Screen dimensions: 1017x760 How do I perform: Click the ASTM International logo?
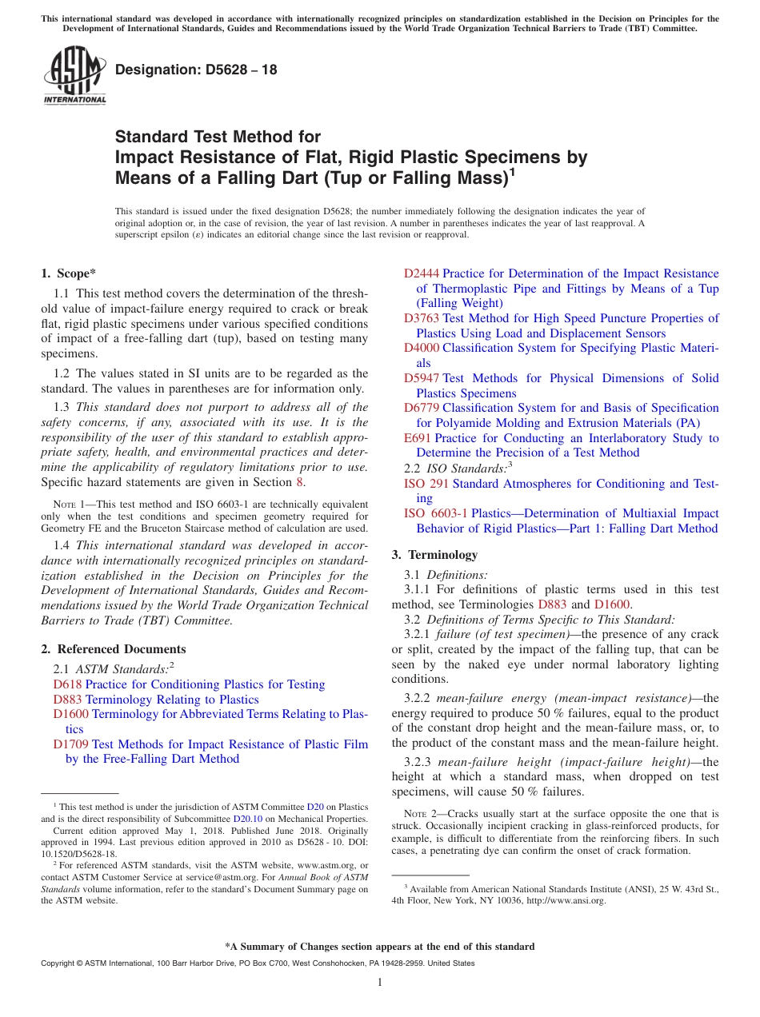(74, 76)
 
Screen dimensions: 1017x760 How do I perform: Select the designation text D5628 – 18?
(196, 70)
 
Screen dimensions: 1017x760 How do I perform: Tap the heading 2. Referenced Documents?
(113, 649)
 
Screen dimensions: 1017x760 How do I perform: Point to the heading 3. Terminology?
(434, 555)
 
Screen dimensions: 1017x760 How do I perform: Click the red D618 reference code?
(67, 684)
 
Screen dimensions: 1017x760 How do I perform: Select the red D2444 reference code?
(422, 273)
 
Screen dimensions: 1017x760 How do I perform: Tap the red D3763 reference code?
(422, 318)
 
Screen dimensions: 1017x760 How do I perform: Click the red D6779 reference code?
(422, 408)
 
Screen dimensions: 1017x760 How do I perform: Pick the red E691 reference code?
(418, 438)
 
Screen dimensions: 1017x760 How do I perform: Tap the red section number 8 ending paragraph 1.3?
(300, 482)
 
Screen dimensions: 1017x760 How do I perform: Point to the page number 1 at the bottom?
(380, 983)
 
